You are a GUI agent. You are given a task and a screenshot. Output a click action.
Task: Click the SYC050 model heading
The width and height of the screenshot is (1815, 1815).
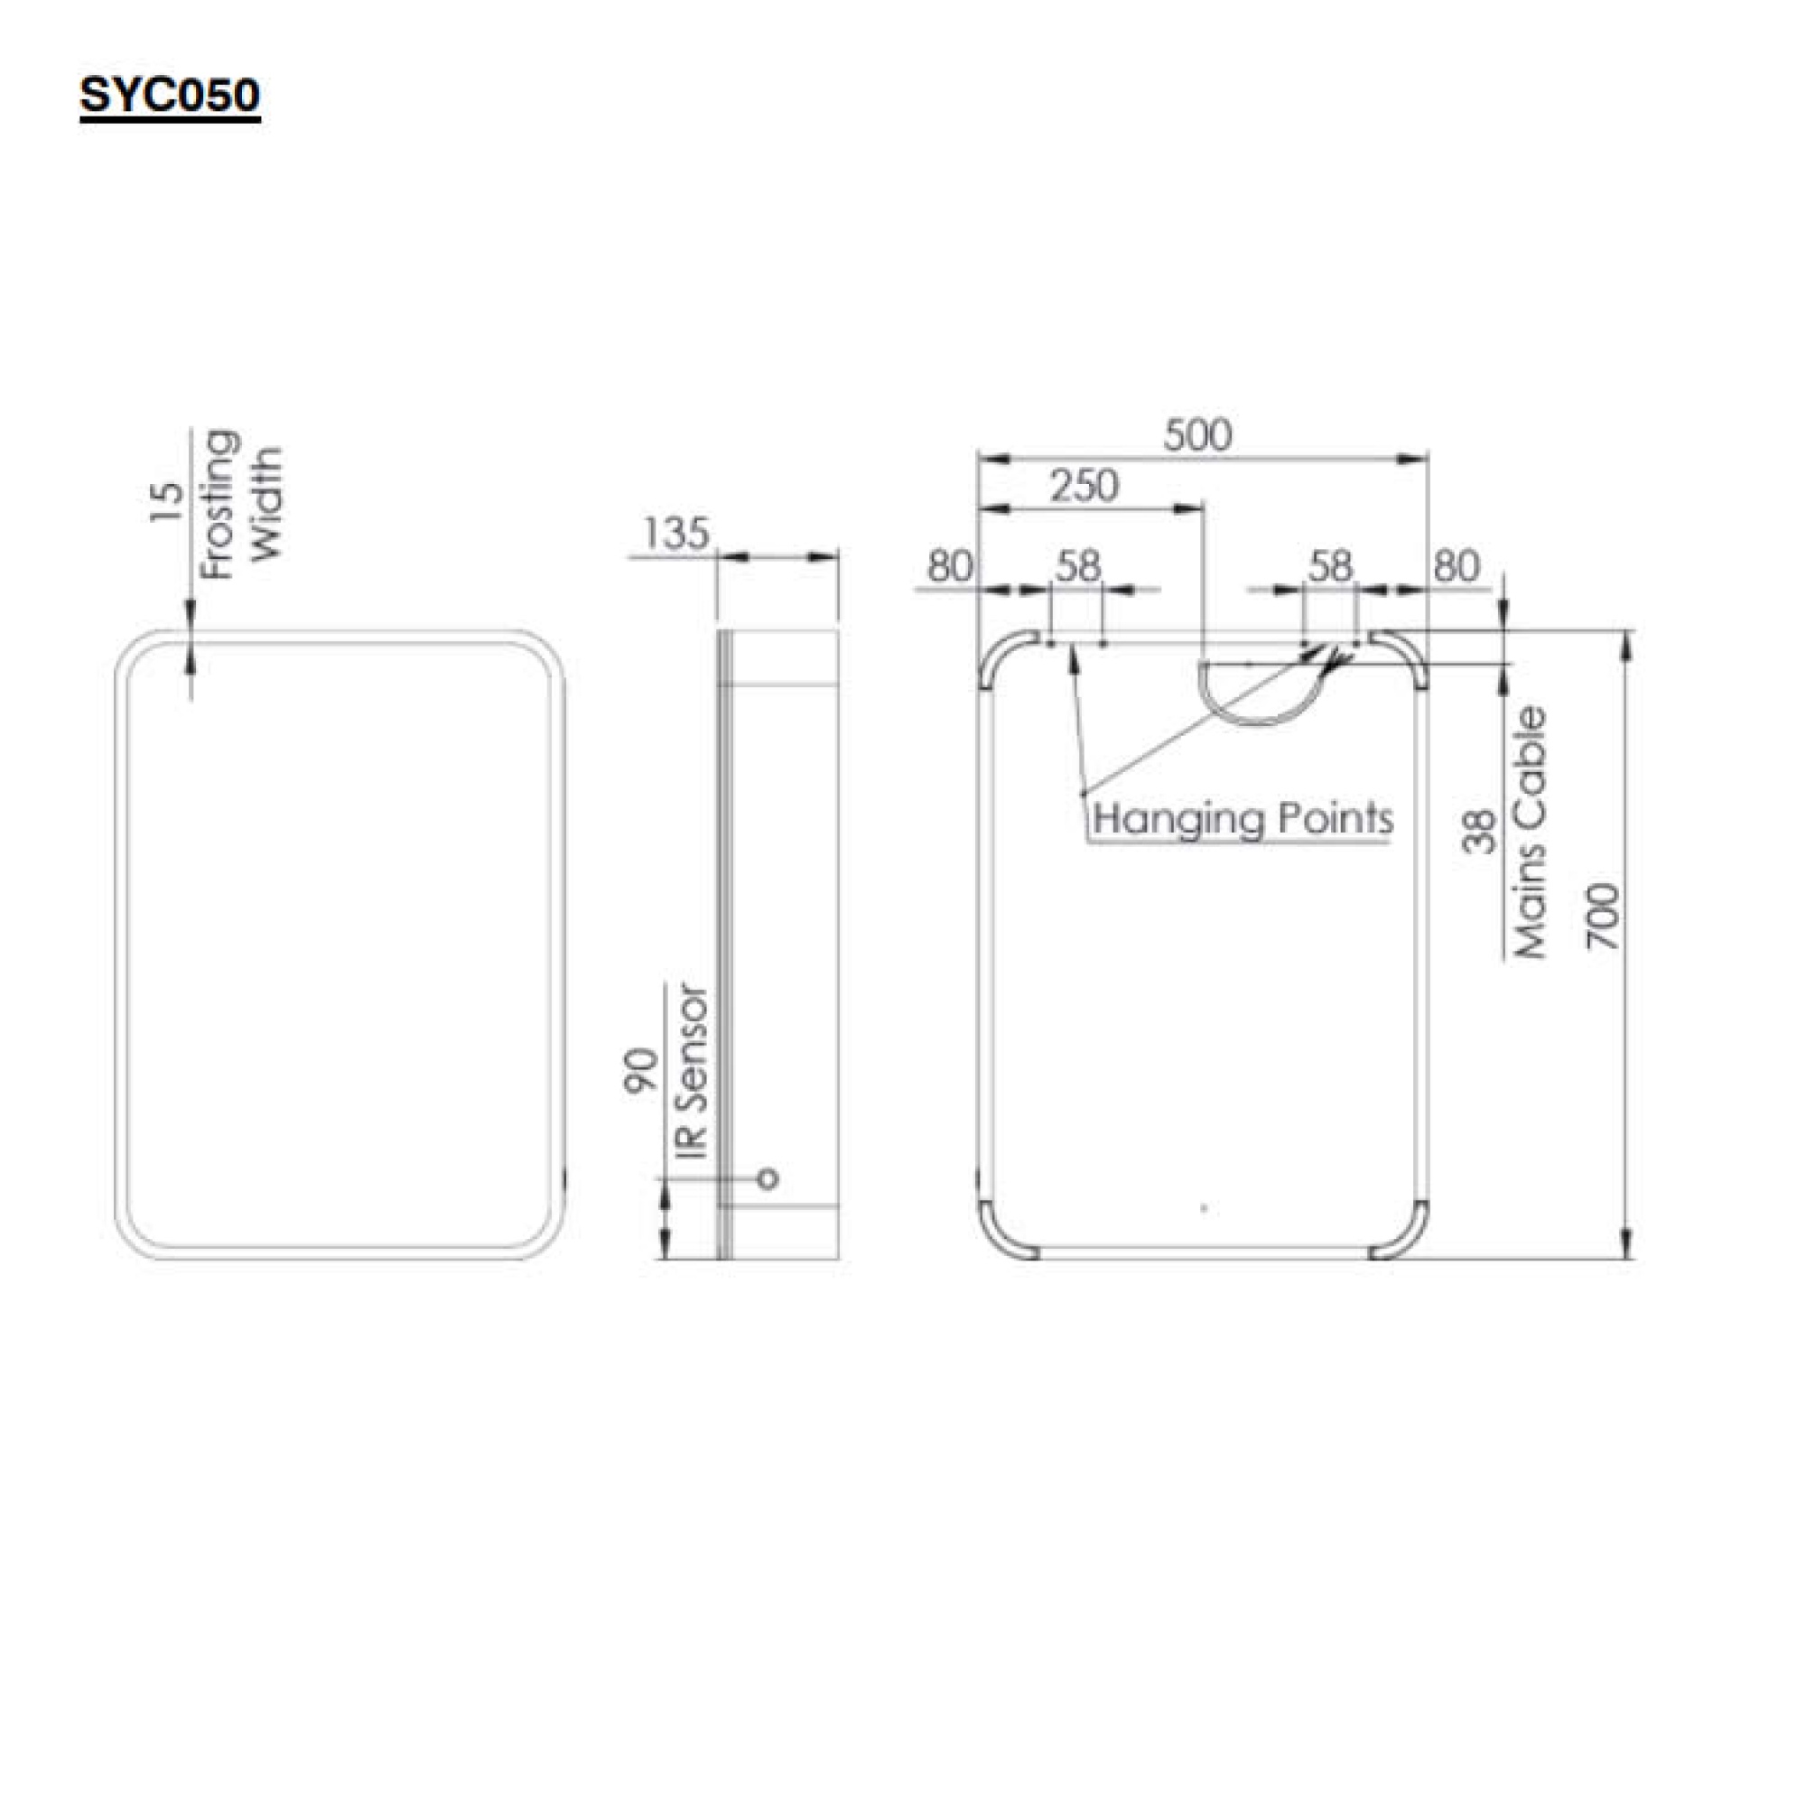click(x=170, y=96)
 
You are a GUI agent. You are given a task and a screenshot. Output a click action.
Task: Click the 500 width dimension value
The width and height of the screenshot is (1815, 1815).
click(x=1196, y=436)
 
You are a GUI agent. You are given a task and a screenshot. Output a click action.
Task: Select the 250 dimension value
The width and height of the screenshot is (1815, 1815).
click(x=1084, y=487)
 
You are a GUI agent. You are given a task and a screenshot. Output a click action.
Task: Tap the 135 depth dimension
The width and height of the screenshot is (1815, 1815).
click(x=675, y=535)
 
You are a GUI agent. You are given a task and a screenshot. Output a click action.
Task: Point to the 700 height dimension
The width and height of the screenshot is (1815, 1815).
click(x=1605, y=916)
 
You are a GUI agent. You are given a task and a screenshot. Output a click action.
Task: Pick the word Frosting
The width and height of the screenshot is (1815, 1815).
click(x=219, y=506)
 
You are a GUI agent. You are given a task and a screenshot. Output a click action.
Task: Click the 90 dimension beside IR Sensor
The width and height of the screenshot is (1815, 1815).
click(x=641, y=1070)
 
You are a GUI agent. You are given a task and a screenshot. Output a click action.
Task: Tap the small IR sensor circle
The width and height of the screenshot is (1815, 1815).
click(x=768, y=1178)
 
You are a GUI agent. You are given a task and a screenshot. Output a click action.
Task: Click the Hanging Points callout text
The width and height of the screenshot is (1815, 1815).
click(x=1242, y=819)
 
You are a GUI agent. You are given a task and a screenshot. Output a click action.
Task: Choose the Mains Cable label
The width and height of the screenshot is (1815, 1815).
click(x=1531, y=833)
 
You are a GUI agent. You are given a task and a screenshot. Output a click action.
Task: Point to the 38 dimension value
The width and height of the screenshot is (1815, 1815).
click(x=1479, y=833)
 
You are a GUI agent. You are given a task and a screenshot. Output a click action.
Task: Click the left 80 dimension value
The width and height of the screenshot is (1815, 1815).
click(x=950, y=566)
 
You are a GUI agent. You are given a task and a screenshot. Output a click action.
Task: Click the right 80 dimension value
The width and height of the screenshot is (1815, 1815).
click(x=1457, y=566)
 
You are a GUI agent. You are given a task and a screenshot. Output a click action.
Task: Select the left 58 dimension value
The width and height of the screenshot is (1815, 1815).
click(x=1077, y=566)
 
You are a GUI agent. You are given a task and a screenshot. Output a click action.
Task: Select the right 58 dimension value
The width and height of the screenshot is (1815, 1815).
click(x=1330, y=566)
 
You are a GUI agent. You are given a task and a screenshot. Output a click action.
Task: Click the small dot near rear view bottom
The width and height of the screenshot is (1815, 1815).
click(x=1205, y=1208)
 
